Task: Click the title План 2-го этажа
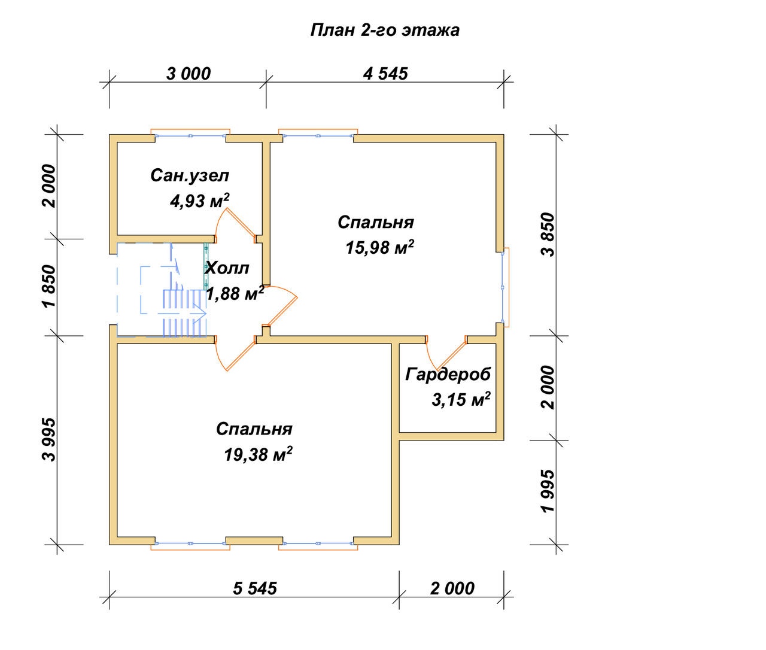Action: [x=385, y=31]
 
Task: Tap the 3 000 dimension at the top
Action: [x=189, y=74]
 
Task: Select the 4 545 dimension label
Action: [x=385, y=74]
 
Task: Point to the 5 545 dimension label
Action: [x=255, y=588]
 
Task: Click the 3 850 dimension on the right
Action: [x=548, y=235]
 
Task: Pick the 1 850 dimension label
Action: [x=48, y=285]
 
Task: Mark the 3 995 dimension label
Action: [x=48, y=439]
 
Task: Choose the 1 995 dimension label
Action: [x=548, y=491]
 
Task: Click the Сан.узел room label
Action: [x=190, y=175]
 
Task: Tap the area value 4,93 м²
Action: [x=200, y=201]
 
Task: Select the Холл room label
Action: [x=227, y=268]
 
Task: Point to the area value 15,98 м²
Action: [x=380, y=247]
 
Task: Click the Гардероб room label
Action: [x=448, y=374]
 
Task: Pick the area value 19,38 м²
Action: [x=259, y=454]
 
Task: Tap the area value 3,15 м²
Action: [x=461, y=399]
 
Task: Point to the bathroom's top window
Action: [x=190, y=135]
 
